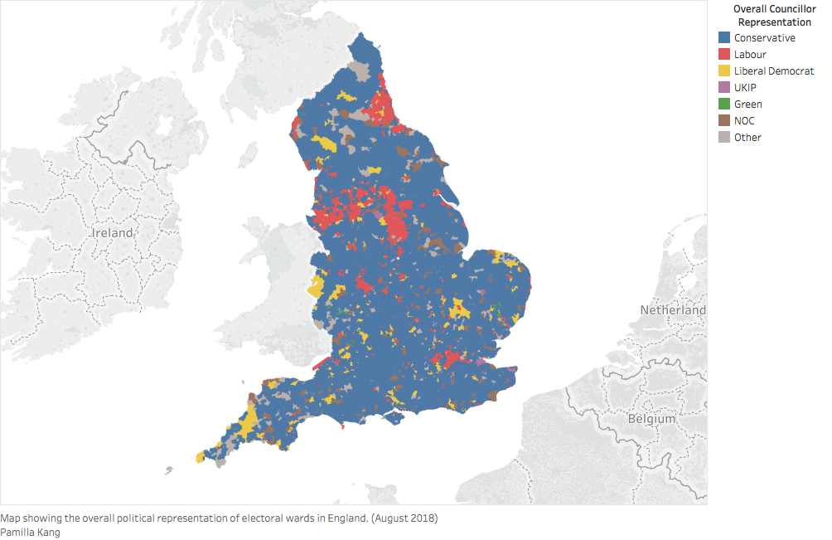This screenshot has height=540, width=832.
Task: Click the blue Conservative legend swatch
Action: [724, 38]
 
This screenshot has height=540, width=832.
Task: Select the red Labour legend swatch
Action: [724, 55]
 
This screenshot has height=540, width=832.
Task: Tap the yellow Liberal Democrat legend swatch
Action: [724, 71]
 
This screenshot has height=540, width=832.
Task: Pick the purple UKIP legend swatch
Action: [724, 88]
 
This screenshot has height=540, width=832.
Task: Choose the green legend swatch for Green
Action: [724, 105]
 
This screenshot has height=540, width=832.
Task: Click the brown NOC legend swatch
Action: [724, 121]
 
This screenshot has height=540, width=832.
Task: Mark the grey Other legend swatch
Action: [724, 138]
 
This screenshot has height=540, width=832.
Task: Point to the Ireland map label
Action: [112, 233]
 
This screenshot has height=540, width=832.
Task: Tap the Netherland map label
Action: [672, 310]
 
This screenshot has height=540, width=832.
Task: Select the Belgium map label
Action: [652, 419]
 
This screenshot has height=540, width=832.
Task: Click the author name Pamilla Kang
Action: [30, 533]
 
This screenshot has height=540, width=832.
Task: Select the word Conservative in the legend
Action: [764, 38]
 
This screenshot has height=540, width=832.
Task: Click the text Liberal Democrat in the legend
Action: [774, 71]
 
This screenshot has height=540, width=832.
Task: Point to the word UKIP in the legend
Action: [745, 88]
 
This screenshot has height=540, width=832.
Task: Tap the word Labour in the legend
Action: [750, 55]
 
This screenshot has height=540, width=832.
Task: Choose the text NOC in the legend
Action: [744, 121]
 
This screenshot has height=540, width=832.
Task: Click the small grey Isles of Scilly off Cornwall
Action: [169, 470]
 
